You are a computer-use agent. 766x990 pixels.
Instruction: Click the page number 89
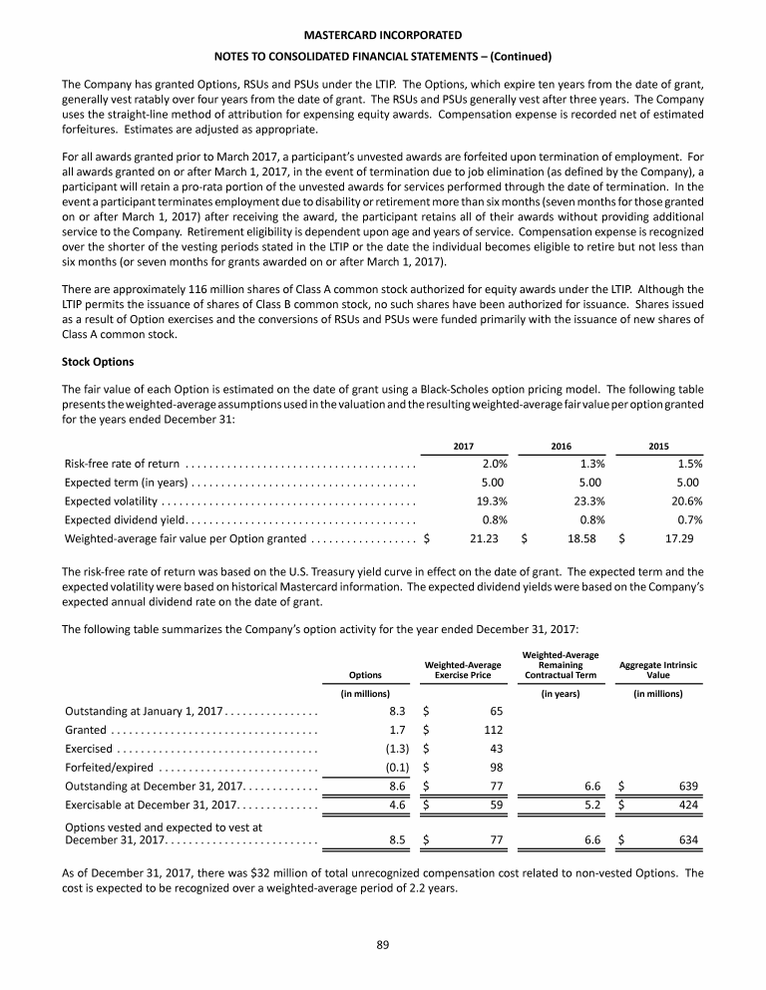[x=382, y=946]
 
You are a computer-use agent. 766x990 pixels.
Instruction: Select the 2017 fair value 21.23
[x=483, y=538]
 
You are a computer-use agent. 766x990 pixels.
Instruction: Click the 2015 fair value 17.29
[x=678, y=538]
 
